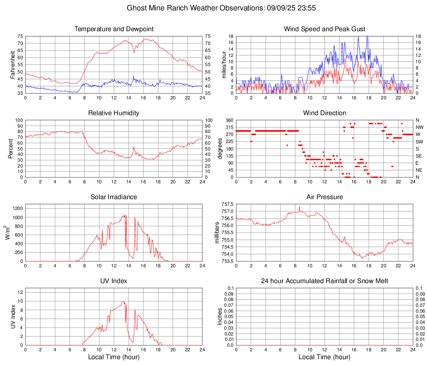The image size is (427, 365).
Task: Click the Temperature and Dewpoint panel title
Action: [114, 29]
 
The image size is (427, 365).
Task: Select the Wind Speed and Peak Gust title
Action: [324, 29]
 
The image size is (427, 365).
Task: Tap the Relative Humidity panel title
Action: [114, 113]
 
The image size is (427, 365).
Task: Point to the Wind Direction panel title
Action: [324, 113]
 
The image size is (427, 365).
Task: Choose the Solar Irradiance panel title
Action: [114, 197]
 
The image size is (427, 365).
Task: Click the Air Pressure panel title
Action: [324, 197]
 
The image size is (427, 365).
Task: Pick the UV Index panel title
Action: [114, 281]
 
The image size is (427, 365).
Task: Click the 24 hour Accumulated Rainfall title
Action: [324, 281]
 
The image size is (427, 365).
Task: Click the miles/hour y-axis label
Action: [223, 64]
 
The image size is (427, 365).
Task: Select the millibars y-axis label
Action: [217, 232]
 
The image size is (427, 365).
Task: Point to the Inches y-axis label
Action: [220, 316]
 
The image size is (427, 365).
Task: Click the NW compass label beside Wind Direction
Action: [420, 127]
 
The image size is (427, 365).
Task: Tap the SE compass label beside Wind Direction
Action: [420, 156]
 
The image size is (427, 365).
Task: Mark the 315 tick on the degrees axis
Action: [229, 127]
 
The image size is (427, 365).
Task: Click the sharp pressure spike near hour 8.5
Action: [299, 207]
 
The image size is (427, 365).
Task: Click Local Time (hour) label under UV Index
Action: [114, 357]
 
